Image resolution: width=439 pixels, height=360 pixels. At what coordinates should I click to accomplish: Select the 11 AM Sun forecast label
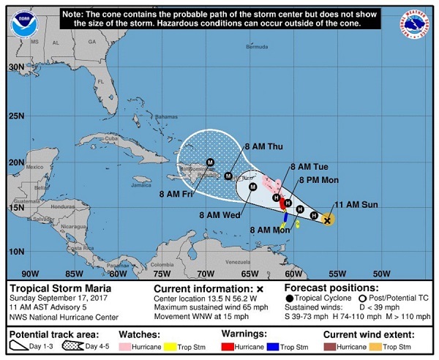point(356,204)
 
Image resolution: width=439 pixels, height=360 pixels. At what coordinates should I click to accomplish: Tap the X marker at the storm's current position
point(328,219)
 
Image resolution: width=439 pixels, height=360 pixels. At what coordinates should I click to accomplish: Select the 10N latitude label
point(16,251)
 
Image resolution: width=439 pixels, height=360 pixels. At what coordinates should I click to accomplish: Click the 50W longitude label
point(380,273)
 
